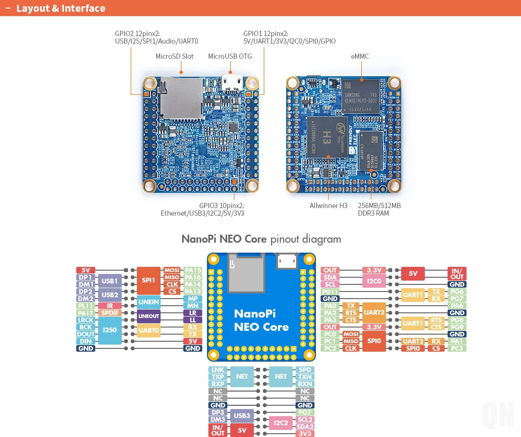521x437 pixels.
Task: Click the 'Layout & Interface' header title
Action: (61, 9)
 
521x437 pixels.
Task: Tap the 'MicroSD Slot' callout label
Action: (174, 56)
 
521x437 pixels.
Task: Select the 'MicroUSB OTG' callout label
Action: (230, 56)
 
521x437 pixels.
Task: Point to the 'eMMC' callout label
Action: (360, 56)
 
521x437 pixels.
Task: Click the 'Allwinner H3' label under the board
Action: (328, 206)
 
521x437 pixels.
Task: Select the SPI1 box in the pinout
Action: (148, 281)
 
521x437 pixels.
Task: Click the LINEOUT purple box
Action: (148, 316)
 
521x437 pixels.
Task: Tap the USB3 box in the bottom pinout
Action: (242, 416)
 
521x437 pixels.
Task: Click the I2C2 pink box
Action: (280, 423)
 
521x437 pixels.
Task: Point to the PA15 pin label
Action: (193, 270)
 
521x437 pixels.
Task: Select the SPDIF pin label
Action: (109, 313)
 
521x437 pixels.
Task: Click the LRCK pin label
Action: (86, 320)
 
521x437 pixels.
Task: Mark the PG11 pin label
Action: (330, 291)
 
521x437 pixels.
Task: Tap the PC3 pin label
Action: (457, 348)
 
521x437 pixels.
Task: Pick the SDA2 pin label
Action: (305, 427)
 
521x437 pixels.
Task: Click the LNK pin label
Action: (218, 370)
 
